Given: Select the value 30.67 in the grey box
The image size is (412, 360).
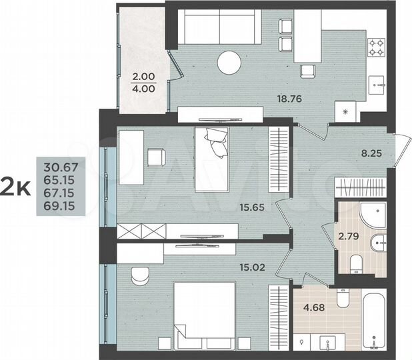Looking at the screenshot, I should (x=57, y=167).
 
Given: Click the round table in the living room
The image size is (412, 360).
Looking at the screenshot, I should (x=229, y=62).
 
